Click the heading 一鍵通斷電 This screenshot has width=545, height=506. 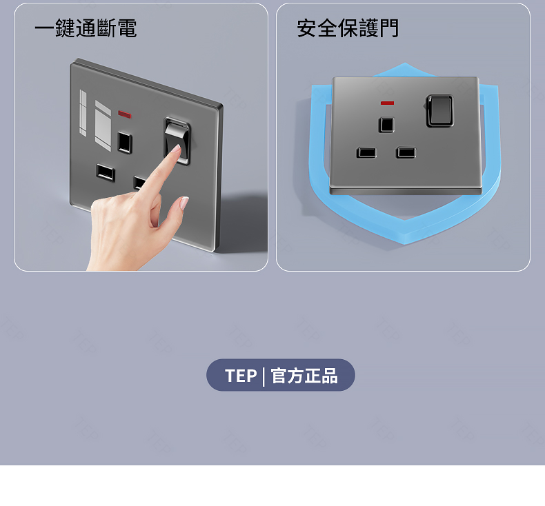pos(86,28)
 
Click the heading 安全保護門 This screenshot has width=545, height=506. pos(348,28)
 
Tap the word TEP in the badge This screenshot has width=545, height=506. pos(241,376)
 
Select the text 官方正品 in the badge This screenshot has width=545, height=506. pos(304,376)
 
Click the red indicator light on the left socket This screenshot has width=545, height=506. pos(124,114)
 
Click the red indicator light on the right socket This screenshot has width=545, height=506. pos(387,103)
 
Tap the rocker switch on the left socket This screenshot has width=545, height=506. pos(177,141)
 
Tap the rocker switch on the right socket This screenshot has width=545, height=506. pos(440,110)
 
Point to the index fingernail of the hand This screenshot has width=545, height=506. pos(177,148)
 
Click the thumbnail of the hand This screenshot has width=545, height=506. pos(184,203)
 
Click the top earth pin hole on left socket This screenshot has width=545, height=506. pos(124,143)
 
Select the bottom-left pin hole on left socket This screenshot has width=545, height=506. pos(106,172)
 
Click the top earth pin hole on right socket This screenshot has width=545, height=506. pos(386,125)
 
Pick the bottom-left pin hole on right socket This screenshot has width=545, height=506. pos(366,152)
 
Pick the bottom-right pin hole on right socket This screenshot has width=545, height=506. pos(406,152)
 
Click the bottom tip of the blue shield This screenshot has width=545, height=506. pos(405,243)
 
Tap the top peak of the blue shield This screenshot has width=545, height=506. pos(404,64)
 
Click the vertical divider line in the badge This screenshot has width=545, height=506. pos(264,376)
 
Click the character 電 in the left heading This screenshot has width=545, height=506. pos(127,28)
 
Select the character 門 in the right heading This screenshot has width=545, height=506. pos(389,28)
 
